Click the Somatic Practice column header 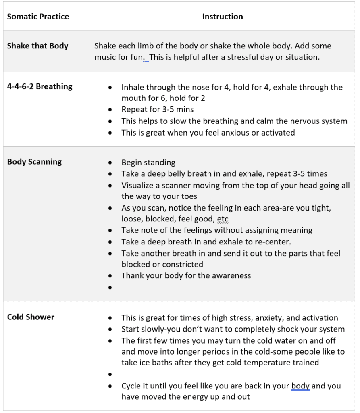(x=38, y=17)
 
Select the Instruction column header (x=223, y=17)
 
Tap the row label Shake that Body (x=37, y=46)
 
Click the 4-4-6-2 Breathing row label (x=40, y=86)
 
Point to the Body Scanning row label (x=34, y=162)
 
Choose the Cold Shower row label (x=31, y=317)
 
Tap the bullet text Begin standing (x=148, y=163)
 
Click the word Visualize (x=137, y=186)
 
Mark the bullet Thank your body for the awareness (x=186, y=276)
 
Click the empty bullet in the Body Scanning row (x=110, y=288)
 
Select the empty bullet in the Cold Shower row (x=110, y=374)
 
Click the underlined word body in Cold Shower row (x=300, y=386)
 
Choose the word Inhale (x=132, y=87)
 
